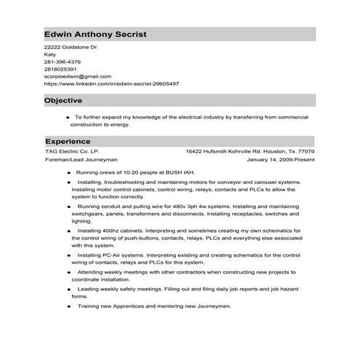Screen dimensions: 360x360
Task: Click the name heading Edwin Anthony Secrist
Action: click(x=95, y=33)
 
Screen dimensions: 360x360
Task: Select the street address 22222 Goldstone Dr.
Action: click(x=71, y=47)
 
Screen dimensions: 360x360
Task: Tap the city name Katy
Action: click(x=50, y=54)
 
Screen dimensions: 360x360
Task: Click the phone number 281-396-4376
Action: click(x=63, y=61)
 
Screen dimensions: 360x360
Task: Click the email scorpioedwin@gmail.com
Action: click(x=78, y=76)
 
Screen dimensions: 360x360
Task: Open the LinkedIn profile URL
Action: click(x=111, y=83)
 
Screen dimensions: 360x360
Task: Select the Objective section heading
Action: click(x=63, y=100)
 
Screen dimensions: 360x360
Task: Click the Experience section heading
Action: click(x=68, y=140)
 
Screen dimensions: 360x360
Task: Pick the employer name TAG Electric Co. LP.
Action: click(x=72, y=151)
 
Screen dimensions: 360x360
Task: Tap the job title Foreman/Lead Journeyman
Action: click(x=81, y=159)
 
